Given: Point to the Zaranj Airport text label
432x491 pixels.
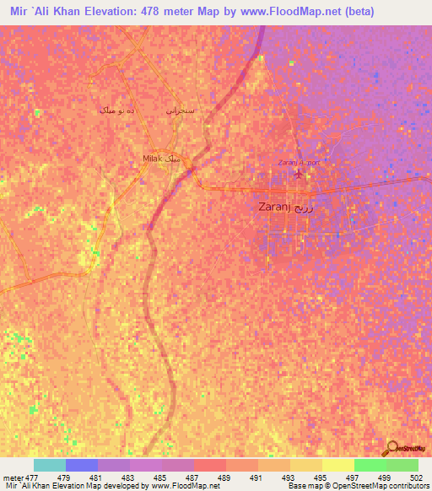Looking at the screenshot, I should (x=294, y=163).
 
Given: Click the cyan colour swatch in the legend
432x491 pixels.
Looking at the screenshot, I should (x=49, y=465).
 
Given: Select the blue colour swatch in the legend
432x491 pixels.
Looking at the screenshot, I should (x=81, y=465).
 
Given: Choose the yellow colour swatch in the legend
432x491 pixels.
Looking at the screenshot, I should (x=337, y=465).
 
